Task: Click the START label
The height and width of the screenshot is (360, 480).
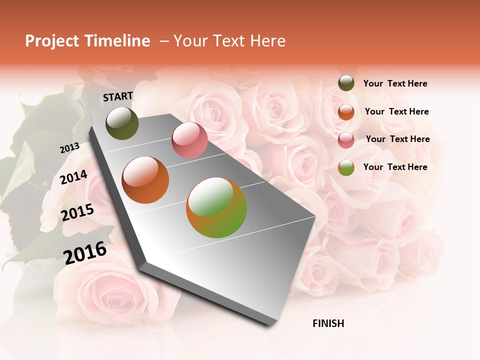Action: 118,96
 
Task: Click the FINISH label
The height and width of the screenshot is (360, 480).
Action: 328,323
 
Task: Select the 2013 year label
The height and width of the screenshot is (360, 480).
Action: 69,148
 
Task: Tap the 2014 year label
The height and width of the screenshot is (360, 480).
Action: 74,177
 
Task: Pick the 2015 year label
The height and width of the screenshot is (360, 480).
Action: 77,212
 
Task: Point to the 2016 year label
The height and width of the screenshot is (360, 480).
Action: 85,252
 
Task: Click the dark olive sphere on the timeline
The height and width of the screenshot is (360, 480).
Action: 122,123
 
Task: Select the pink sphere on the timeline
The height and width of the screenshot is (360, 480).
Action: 189,140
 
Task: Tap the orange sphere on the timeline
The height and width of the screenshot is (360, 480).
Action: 145,180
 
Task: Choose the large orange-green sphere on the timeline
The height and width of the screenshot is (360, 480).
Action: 216,207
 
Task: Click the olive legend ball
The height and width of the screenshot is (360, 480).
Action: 346,83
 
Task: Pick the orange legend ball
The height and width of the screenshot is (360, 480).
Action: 346,111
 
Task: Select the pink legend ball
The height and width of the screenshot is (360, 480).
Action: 346,139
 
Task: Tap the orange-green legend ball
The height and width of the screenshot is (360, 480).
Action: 346,167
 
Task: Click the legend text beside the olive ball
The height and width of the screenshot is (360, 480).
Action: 395,83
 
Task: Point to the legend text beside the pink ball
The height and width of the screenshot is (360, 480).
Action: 397,139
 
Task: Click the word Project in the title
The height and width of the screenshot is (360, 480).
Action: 52,41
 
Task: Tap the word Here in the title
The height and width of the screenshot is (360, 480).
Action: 264,41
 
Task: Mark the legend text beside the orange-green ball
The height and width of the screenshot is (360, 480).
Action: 395,167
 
